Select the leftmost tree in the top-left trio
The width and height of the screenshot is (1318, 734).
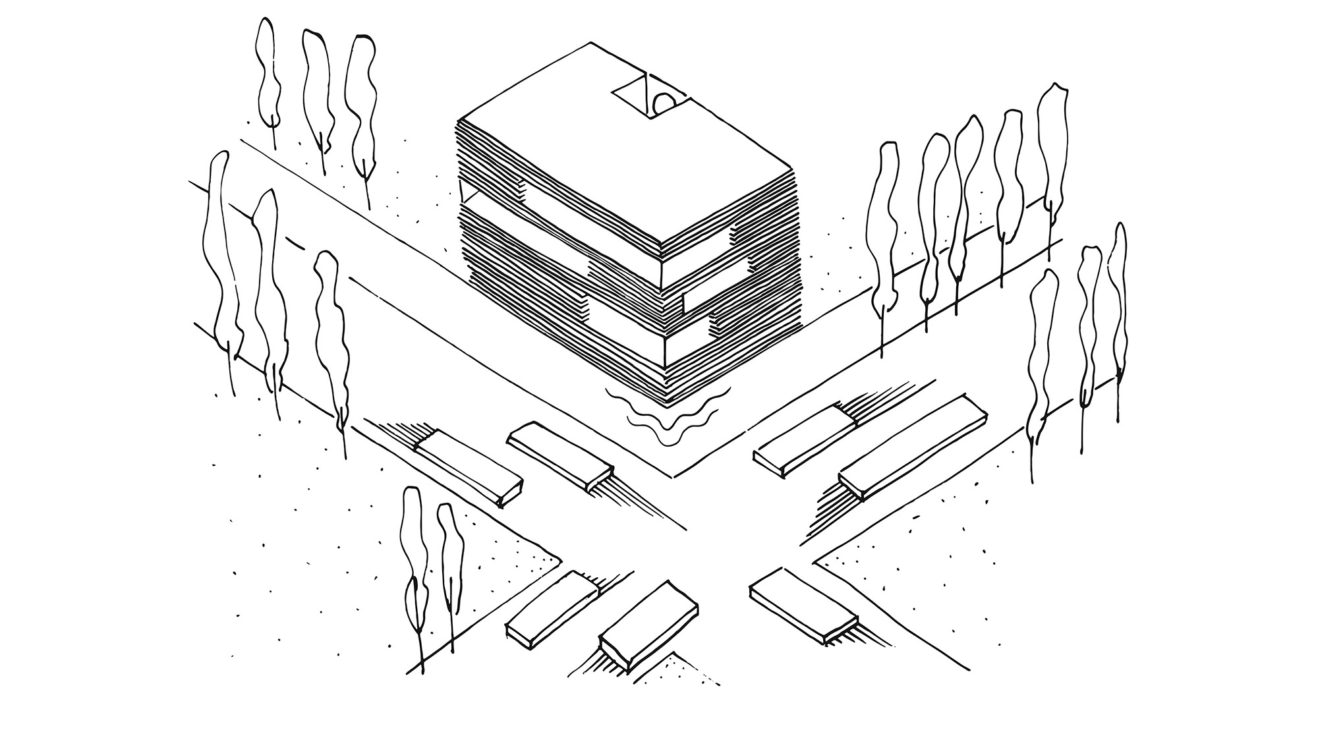click(x=268, y=72)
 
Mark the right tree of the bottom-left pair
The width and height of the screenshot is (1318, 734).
click(x=451, y=567)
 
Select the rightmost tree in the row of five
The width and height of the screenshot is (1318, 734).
click(x=1053, y=152)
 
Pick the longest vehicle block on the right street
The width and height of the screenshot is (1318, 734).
click(x=913, y=447)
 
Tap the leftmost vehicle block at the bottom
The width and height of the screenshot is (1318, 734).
click(x=552, y=609)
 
